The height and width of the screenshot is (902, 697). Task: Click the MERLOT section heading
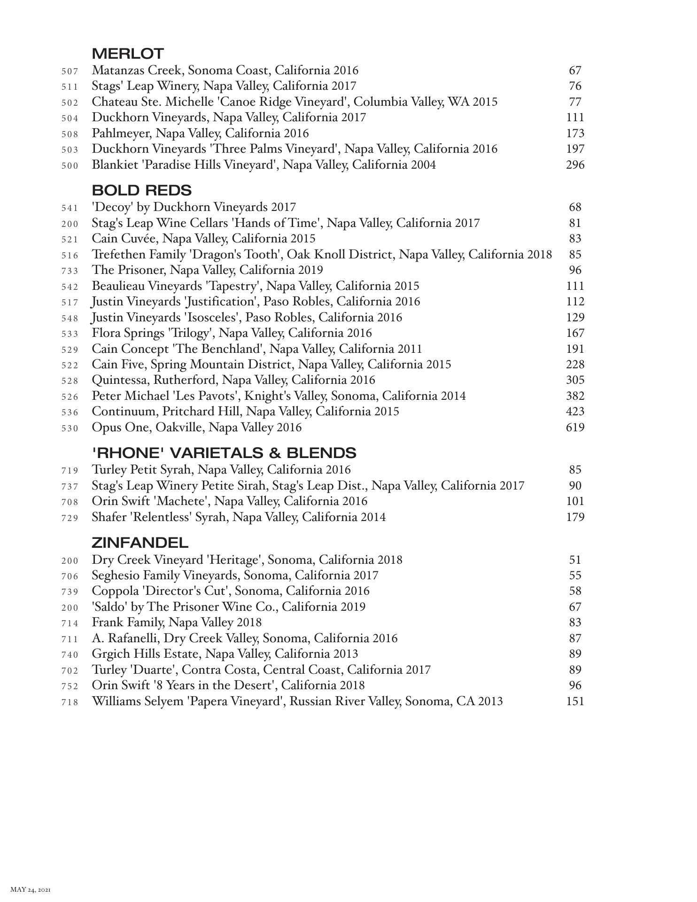pyautogui.click(x=128, y=54)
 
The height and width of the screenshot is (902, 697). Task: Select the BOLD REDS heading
pyautogui.click(x=142, y=190)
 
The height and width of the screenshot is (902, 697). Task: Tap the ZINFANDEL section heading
pyautogui.click(x=140, y=543)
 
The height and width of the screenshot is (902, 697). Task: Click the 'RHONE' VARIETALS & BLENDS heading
pyautogui.click(x=224, y=453)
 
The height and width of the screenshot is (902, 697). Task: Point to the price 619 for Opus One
pyautogui.click(x=575, y=428)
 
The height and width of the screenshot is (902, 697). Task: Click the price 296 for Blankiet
pyautogui.click(x=575, y=165)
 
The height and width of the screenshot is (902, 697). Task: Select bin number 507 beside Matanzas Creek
pyautogui.click(x=70, y=71)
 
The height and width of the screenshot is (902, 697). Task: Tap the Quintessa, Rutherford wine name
pyautogui.click(x=233, y=380)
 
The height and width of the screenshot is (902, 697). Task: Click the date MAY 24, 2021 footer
pyautogui.click(x=31, y=889)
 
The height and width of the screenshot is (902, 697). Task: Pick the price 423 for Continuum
pyautogui.click(x=575, y=412)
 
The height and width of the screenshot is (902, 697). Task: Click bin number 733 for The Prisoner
pyautogui.click(x=70, y=271)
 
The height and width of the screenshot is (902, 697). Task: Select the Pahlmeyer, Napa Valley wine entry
pyautogui.click(x=200, y=133)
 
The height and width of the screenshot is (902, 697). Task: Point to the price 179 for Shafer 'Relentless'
pyautogui.click(x=575, y=517)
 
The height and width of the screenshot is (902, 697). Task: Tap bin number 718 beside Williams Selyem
pyautogui.click(x=70, y=702)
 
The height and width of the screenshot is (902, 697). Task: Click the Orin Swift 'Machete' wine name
pyautogui.click(x=229, y=501)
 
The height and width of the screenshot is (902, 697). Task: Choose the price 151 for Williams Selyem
pyautogui.click(x=575, y=701)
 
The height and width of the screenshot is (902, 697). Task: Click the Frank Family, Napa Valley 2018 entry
pyautogui.click(x=177, y=622)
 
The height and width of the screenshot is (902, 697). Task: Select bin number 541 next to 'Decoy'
pyautogui.click(x=70, y=208)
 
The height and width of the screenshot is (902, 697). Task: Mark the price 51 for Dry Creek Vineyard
pyautogui.click(x=575, y=560)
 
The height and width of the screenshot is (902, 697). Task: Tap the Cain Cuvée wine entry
pyautogui.click(x=203, y=239)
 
